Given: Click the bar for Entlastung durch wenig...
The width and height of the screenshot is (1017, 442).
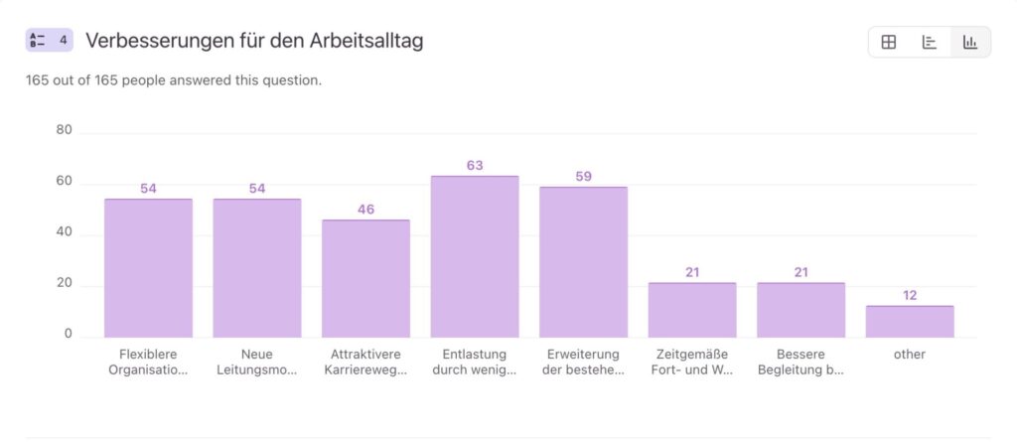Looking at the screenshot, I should [x=475, y=256].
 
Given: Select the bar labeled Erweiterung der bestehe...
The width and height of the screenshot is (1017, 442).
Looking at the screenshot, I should [x=583, y=262].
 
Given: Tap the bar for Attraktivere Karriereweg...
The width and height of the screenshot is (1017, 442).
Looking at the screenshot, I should [x=365, y=278].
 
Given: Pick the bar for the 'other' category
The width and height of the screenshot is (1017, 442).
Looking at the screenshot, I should [x=910, y=322].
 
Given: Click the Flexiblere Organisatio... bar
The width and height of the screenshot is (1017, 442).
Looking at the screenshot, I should [x=148, y=268].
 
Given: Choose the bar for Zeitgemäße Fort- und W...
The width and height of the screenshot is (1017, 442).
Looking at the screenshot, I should [x=692, y=310].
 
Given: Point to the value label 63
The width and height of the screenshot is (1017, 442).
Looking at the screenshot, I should [x=475, y=165].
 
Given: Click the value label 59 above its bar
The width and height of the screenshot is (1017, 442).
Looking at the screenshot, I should [x=583, y=177].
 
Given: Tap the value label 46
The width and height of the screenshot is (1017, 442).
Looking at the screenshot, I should [x=365, y=210].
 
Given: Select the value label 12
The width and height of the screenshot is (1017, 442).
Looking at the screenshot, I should [x=910, y=295].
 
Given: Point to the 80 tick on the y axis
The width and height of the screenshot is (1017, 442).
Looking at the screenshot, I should [x=65, y=130].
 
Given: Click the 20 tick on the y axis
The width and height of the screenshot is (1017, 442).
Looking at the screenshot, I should [x=65, y=283].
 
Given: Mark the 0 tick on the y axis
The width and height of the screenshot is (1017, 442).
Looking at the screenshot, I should [x=69, y=334].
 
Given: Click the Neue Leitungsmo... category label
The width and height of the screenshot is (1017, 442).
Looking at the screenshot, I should [x=257, y=363].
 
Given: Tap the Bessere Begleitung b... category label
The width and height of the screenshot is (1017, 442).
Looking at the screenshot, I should [x=800, y=363].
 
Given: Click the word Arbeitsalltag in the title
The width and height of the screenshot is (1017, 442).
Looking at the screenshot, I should [x=367, y=41].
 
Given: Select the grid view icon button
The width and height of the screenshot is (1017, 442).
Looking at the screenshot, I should [x=889, y=42].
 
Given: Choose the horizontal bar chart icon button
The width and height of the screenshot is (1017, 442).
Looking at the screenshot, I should [x=930, y=42].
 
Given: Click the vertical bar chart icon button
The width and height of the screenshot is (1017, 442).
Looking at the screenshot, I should [x=970, y=42].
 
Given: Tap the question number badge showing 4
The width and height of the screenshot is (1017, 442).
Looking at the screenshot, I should [x=50, y=41].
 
